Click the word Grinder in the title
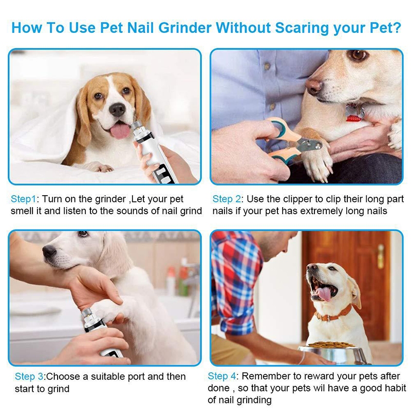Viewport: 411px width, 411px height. point(185,28)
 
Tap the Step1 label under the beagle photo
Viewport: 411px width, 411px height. point(23,199)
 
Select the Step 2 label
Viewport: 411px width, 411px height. point(227,199)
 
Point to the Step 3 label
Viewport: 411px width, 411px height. point(29,377)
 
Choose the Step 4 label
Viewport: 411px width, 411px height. point(222,376)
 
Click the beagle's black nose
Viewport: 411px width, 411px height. point(117,109)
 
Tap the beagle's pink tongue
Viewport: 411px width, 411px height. point(120,130)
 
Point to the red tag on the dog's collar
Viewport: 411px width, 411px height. point(354,118)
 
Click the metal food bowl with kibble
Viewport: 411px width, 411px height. point(333,352)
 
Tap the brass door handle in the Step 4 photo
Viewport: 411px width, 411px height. point(381,256)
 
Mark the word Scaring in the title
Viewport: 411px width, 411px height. point(303,28)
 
